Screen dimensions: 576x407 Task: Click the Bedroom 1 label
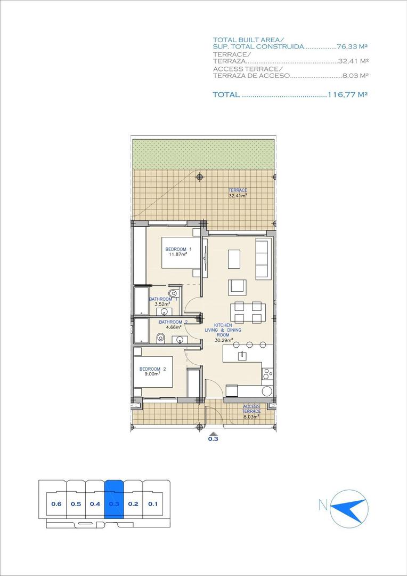[x=178, y=249]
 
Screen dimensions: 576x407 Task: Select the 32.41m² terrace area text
[x=238, y=196]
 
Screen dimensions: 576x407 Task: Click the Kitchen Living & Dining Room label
[x=223, y=330]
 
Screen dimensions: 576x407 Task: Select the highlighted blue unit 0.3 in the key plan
[x=113, y=503]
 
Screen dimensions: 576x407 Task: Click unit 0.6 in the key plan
[x=56, y=503]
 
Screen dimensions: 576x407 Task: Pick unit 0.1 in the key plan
[x=153, y=503]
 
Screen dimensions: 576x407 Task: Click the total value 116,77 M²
[x=349, y=94]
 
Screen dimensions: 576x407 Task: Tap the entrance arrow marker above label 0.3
[x=213, y=433]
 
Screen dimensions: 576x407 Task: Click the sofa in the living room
[x=262, y=259]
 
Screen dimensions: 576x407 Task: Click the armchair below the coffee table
[x=237, y=287]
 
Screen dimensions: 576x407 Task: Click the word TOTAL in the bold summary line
[x=226, y=94]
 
